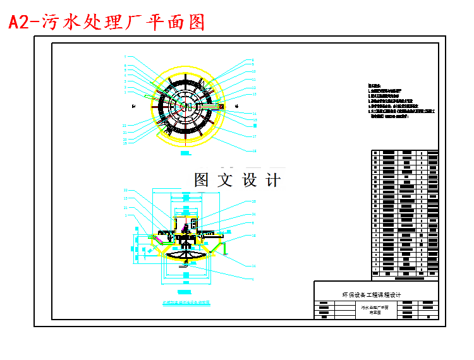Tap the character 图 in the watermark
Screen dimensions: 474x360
tap(202, 180)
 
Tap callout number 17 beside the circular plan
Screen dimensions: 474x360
tap(254, 136)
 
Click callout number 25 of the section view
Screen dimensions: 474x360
tap(254, 201)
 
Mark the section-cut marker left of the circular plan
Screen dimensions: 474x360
tap(146, 96)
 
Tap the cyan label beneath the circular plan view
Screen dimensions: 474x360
tap(185, 153)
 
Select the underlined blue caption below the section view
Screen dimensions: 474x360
tap(186, 303)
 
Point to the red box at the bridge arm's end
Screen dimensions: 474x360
tap(221, 106)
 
